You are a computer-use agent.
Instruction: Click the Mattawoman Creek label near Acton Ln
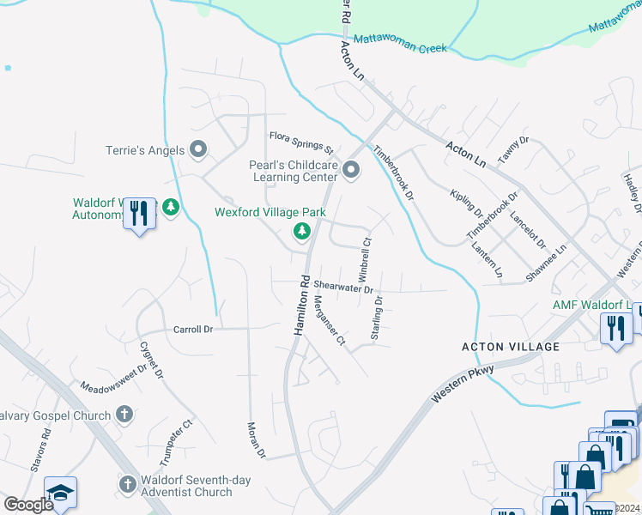(x=401, y=44)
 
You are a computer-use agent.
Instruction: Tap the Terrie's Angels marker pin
(x=199, y=150)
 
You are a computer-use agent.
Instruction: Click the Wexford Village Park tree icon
(x=301, y=231)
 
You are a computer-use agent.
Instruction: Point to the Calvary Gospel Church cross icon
(x=124, y=415)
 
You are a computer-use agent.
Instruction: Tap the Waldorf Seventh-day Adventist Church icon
(x=128, y=484)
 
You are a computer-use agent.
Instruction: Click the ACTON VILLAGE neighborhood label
(x=511, y=347)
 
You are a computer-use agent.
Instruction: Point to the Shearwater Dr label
(x=343, y=288)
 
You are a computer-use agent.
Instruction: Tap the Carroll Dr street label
(x=192, y=329)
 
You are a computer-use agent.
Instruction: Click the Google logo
(x=28, y=505)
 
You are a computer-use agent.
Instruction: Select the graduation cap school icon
(x=61, y=493)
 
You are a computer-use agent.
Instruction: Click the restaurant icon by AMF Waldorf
(x=615, y=328)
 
